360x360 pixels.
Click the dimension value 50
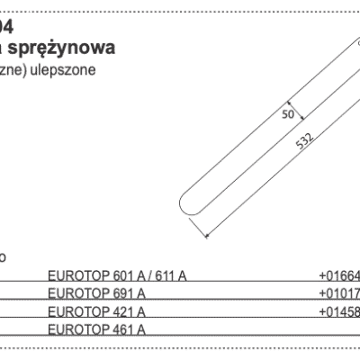click(289, 114)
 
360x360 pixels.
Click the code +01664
click(338, 275)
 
